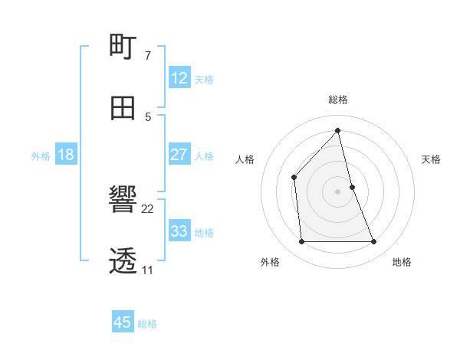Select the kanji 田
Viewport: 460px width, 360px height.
coord(123,108)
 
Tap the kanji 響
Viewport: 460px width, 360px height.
coord(123,201)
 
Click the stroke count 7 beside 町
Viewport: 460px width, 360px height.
coord(148,55)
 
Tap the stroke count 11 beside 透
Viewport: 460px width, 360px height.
coord(148,270)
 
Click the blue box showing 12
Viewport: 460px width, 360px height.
coord(179,77)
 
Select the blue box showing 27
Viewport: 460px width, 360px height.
coord(179,155)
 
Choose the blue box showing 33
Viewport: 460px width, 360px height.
coord(179,231)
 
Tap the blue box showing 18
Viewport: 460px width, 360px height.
coord(66,155)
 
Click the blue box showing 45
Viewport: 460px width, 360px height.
coord(123,322)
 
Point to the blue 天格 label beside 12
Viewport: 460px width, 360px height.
coord(204,79)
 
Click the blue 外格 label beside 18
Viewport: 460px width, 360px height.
coord(41,155)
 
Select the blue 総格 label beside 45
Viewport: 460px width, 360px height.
coord(147,324)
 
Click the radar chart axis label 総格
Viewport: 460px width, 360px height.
coord(338,100)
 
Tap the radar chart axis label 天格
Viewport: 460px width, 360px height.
coord(431,159)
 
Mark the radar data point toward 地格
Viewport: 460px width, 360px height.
coord(374,242)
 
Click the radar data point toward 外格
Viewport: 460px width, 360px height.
coord(301,242)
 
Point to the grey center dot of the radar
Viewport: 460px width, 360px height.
coord(337,191)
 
